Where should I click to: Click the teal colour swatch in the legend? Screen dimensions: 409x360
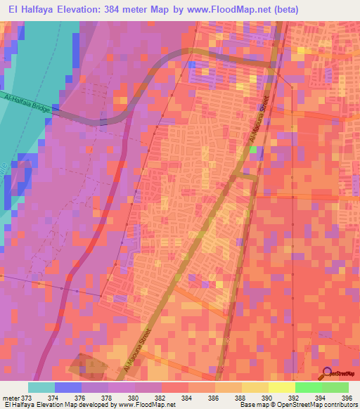41,387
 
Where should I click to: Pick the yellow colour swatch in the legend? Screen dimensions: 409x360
281,387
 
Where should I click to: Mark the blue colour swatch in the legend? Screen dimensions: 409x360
68,387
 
